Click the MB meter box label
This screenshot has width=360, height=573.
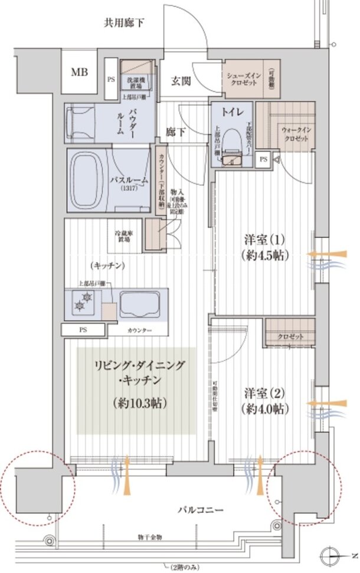[77, 73]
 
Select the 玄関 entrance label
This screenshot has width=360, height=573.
[181, 81]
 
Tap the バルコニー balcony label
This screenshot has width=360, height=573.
[198, 509]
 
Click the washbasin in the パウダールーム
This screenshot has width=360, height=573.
[77, 122]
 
